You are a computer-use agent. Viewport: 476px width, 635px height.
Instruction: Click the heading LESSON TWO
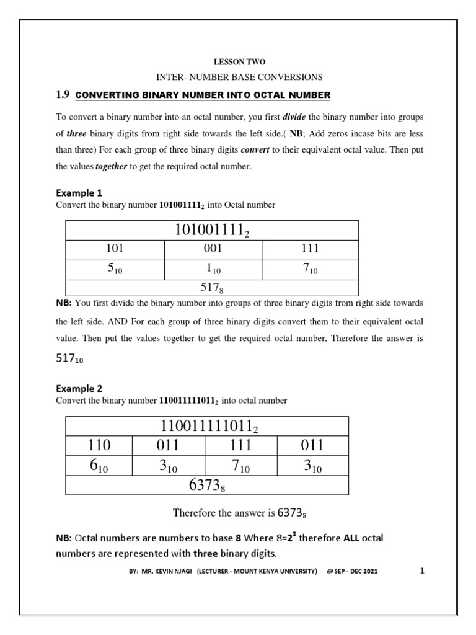pos(240,63)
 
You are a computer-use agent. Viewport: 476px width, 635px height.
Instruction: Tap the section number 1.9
pos(63,95)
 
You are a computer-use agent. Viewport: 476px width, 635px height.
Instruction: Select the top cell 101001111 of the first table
pos(212,231)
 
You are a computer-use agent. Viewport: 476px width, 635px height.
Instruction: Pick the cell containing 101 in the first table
pos(115,249)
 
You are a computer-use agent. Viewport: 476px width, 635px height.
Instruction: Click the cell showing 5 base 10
pos(115,269)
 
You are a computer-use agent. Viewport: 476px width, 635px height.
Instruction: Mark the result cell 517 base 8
pos(212,288)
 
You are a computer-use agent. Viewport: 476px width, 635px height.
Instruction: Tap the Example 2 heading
pos(79,389)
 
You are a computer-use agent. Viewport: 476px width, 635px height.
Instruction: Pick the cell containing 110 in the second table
pos(99,445)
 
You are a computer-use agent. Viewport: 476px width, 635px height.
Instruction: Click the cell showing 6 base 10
pos(99,466)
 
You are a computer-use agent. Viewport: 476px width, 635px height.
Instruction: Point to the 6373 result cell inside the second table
pos(206,486)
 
